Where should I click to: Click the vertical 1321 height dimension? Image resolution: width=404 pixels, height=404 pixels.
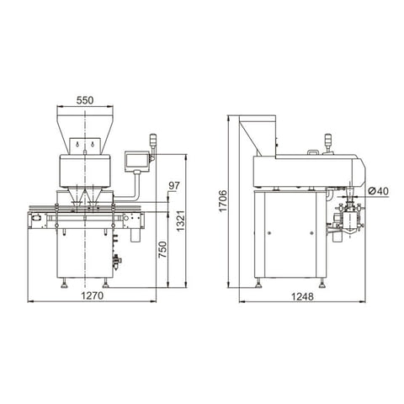pos(180,221)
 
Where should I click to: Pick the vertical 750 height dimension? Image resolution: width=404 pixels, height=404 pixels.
pos(162,250)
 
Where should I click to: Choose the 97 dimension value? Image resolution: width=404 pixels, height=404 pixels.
pos(174,184)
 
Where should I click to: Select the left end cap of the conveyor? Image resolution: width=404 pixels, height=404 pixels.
pos(35,220)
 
